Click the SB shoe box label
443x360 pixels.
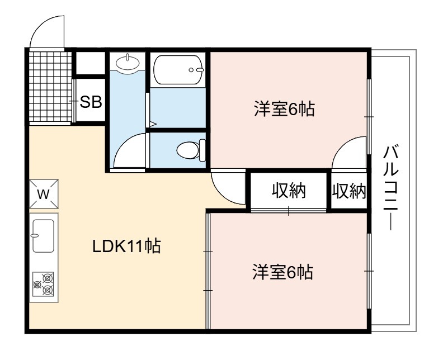click(x=91, y=102)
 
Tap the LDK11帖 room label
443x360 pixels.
click(x=127, y=246)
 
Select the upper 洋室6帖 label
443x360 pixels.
click(x=284, y=108)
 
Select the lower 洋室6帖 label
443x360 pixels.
click(x=283, y=272)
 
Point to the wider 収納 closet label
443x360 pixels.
click(x=289, y=191)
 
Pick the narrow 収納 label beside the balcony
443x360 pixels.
click(x=349, y=191)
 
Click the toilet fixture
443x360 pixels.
click(x=191, y=150)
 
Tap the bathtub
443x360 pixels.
click(x=178, y=70)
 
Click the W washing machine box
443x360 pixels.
click(x=44, y=194)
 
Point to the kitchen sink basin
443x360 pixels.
click(x=43, y=236)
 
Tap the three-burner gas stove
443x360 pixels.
click(x=43, y=284)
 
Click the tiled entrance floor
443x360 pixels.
click(x=50, y=87)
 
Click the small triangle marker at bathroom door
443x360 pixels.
click(x=153, y=124)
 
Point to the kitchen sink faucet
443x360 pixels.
click(x=35, y=235)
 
